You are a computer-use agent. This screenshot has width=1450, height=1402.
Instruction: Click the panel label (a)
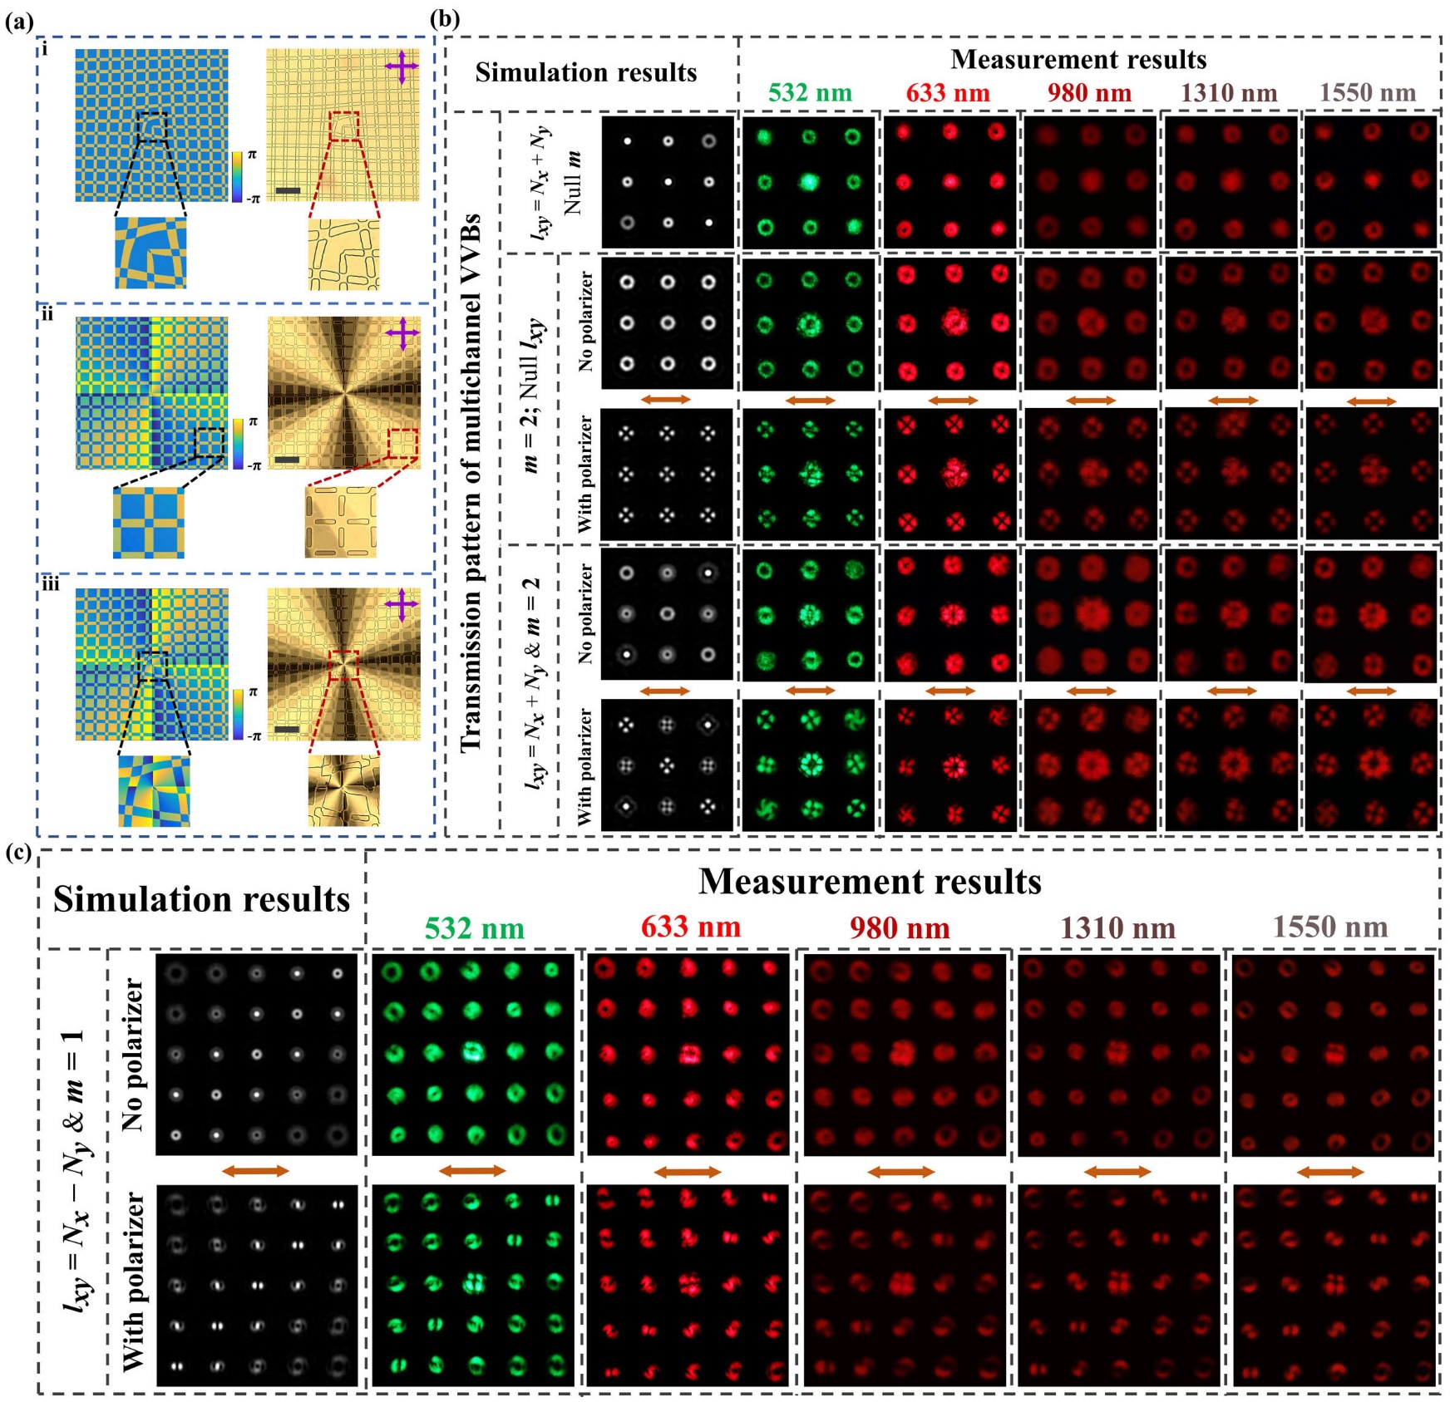point(18,22)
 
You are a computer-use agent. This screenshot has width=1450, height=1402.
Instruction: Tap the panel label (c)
point(18,853)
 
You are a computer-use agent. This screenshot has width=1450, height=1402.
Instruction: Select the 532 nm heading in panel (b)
point(810,92)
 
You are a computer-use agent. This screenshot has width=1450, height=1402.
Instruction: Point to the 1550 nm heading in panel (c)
point(1330,927)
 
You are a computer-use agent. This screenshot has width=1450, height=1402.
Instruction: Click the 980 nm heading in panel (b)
point(1089,92)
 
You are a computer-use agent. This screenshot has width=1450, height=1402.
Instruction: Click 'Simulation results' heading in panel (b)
point(585,73)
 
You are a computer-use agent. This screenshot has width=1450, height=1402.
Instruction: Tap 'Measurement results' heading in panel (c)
point(870,882)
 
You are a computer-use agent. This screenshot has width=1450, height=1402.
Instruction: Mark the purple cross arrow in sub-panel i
point(402,67)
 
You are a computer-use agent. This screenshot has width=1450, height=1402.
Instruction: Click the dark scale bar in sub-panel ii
point(287,460)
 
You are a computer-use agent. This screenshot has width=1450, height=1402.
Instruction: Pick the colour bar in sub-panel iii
point(239,714)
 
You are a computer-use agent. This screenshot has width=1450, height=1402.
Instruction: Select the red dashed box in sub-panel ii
point(403,444)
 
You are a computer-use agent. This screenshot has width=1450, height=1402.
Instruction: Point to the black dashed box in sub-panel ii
point(209,443)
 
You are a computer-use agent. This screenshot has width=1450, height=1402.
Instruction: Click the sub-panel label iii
point(51,584)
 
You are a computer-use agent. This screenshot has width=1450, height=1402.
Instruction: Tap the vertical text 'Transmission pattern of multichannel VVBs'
point(471,482)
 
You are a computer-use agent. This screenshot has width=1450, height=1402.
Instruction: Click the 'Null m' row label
point(573,183)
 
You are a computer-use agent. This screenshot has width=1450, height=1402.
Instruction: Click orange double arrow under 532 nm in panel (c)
point(471,1171)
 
